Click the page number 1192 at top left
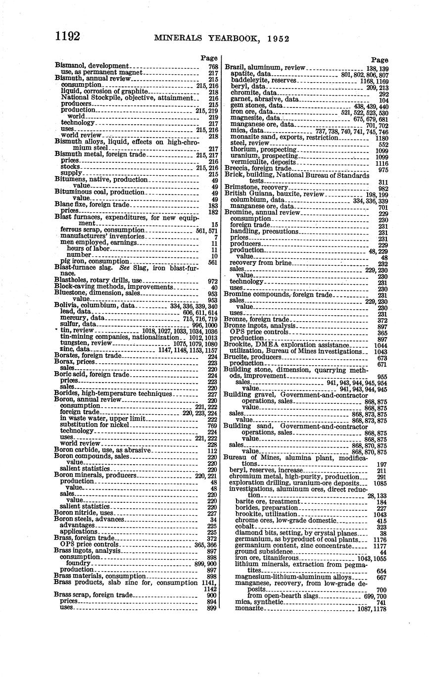67,36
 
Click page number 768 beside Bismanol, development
213,66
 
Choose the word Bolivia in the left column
65,305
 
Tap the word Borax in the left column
63,362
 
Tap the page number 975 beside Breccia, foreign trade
382,169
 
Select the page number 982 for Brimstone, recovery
382,188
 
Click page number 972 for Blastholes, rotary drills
213,281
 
